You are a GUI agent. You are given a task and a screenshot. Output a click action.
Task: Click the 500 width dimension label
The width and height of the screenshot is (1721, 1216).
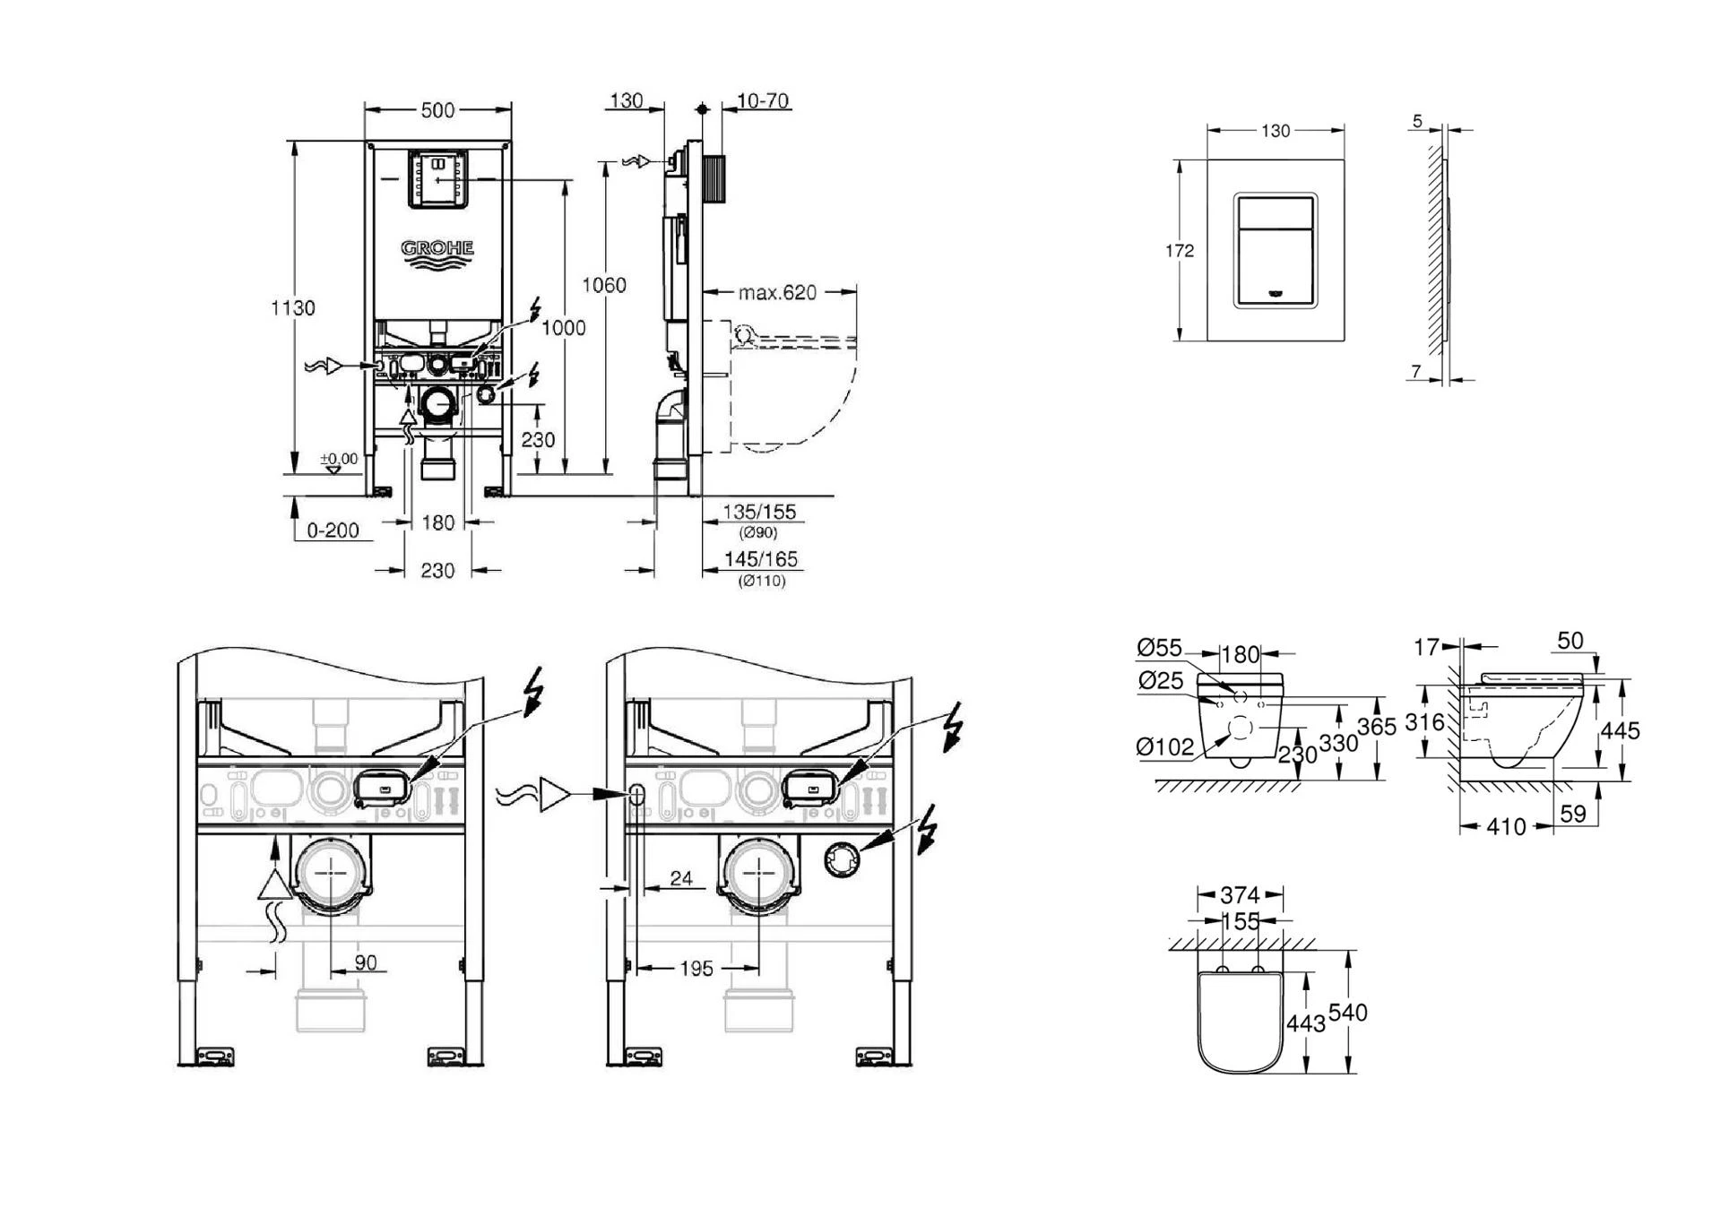(437, 110)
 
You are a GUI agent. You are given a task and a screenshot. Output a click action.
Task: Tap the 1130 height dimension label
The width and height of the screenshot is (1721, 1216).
(293, 308)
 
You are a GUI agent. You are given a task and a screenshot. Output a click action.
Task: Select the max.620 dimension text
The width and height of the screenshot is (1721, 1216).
(777, 293)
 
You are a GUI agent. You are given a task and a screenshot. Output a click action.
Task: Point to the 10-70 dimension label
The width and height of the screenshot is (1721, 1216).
(763, 101)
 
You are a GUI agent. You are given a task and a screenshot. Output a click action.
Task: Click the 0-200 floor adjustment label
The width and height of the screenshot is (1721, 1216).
(333, 530)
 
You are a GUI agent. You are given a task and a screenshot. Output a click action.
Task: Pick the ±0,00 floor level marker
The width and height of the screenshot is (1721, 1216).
(339, 460)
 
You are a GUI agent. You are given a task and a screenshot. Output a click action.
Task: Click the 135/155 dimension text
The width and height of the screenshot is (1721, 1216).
(759, 513)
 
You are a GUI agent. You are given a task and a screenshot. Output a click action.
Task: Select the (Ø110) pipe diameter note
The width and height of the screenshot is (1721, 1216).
(762, 582)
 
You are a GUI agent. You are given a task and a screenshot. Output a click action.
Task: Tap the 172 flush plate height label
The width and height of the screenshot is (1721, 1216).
(1180, 251)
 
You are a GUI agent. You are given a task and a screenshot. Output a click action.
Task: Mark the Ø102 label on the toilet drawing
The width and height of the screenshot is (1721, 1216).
(1164, 746)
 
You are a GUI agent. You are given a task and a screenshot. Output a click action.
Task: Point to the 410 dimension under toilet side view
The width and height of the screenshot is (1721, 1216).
(1506, 827)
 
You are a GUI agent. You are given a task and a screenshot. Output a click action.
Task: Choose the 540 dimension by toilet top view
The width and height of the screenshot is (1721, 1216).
(1347, 1013)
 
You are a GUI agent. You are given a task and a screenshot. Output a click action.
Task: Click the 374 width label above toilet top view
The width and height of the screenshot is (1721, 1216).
(1240, 895)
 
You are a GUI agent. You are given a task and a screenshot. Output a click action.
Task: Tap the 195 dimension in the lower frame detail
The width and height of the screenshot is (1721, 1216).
(696, 969)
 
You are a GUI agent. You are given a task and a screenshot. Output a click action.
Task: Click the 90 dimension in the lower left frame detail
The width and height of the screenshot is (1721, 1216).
(365, 962)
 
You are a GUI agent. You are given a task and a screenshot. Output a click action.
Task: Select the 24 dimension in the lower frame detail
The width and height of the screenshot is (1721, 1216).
(681, 878)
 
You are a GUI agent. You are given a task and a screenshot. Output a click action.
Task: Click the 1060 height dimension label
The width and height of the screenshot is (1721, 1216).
(604, 285)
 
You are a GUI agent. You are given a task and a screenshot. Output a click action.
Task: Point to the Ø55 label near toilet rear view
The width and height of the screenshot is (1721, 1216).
(1159, 647)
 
